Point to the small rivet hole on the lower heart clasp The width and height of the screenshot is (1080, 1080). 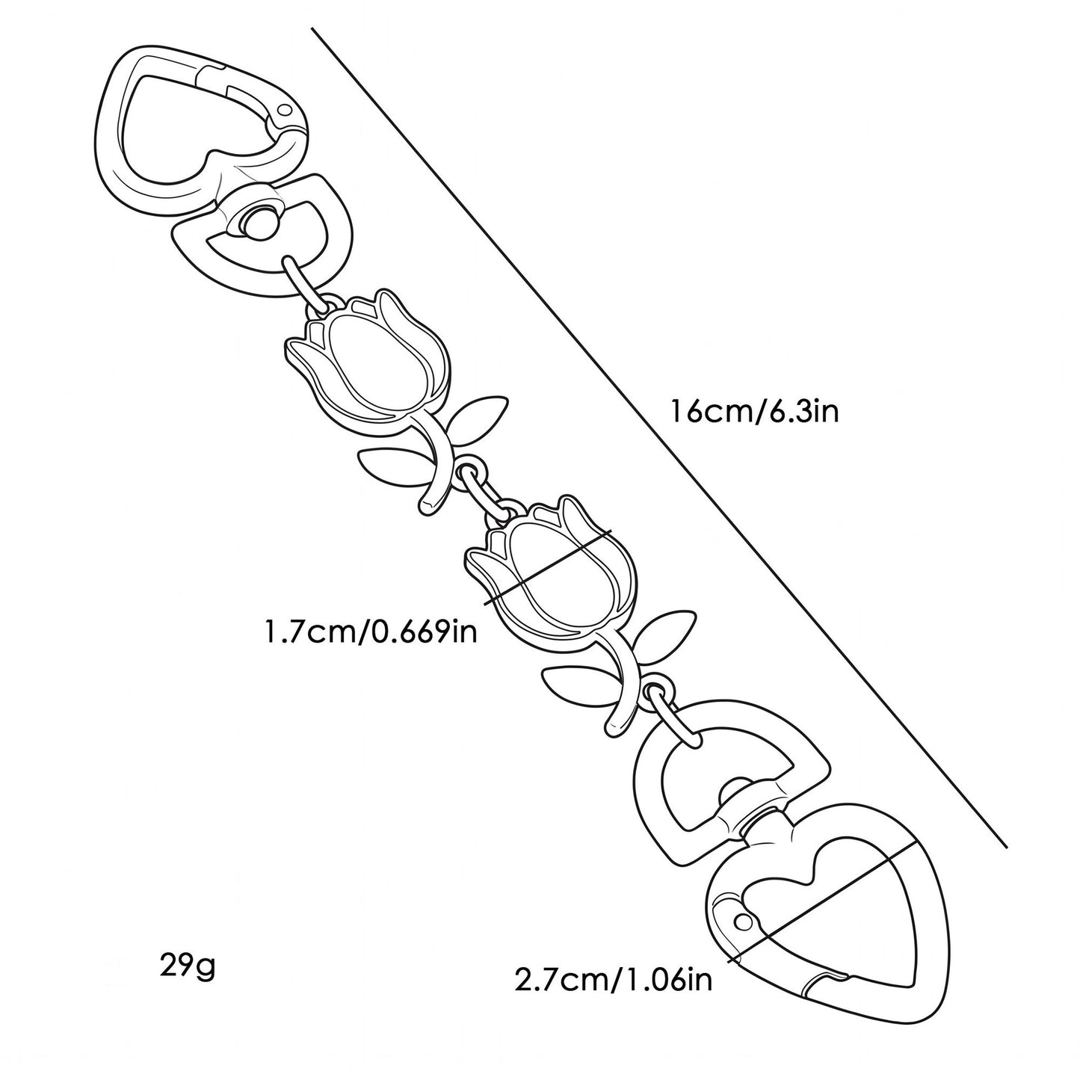[x=744, y=921]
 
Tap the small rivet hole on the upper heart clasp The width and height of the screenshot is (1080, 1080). [x=286, y=109]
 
